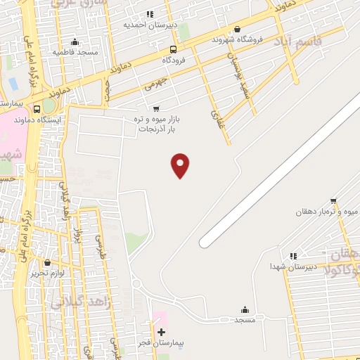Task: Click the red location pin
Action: pyautogui.click(x=181, y=165)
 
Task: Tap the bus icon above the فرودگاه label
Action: pyautogui.click(x=173, y=49)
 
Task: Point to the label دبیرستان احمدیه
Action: pyautogui.click(x=149, y=25)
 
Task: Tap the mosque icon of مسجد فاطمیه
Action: pyautogui.click(x=75, y=41)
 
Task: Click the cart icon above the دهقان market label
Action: pyautogui.click(x=333, y=200)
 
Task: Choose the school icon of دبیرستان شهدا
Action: pyautogui.click(x=293, y=256)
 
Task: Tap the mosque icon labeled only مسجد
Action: pyautogui.click(x=245, y=309)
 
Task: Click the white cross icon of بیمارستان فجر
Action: pyautogui.click(x=161, y=331)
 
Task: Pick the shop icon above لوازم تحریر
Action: pyautogui.click(x=47, y=262)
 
